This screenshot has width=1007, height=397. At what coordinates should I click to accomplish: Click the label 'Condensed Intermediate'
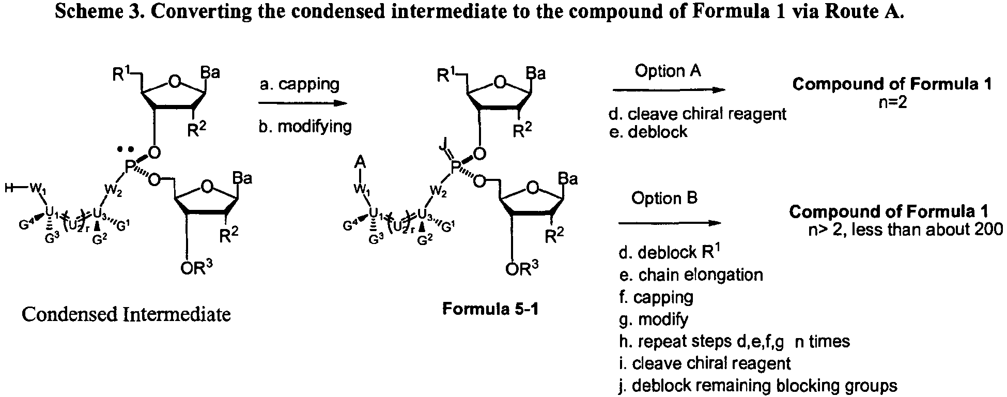(126, 314)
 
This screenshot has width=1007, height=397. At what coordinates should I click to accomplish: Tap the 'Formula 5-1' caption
(490, 310)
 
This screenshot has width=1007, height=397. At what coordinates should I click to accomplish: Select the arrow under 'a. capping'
(303, 103)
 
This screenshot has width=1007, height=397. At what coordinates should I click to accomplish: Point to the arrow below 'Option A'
(669, 90)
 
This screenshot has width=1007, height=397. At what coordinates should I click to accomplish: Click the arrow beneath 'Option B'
(669, 223)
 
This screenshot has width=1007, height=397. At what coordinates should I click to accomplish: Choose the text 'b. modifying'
(305, 127)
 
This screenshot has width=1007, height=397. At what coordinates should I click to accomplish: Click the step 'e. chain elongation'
(691, 274)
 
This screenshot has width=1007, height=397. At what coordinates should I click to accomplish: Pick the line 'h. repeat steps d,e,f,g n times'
(734, 341)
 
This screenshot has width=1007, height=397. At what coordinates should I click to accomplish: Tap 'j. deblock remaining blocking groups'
(758, 386)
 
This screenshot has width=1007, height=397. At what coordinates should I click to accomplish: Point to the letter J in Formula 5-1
(442, 147)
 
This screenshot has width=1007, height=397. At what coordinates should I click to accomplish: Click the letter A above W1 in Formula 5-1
(360, 163)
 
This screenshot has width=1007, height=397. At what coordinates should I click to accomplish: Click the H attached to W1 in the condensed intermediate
(9, 189)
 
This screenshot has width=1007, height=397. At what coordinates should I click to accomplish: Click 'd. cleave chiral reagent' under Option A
(698, 114)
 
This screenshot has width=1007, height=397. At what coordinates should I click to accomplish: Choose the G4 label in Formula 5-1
(350, 225)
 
